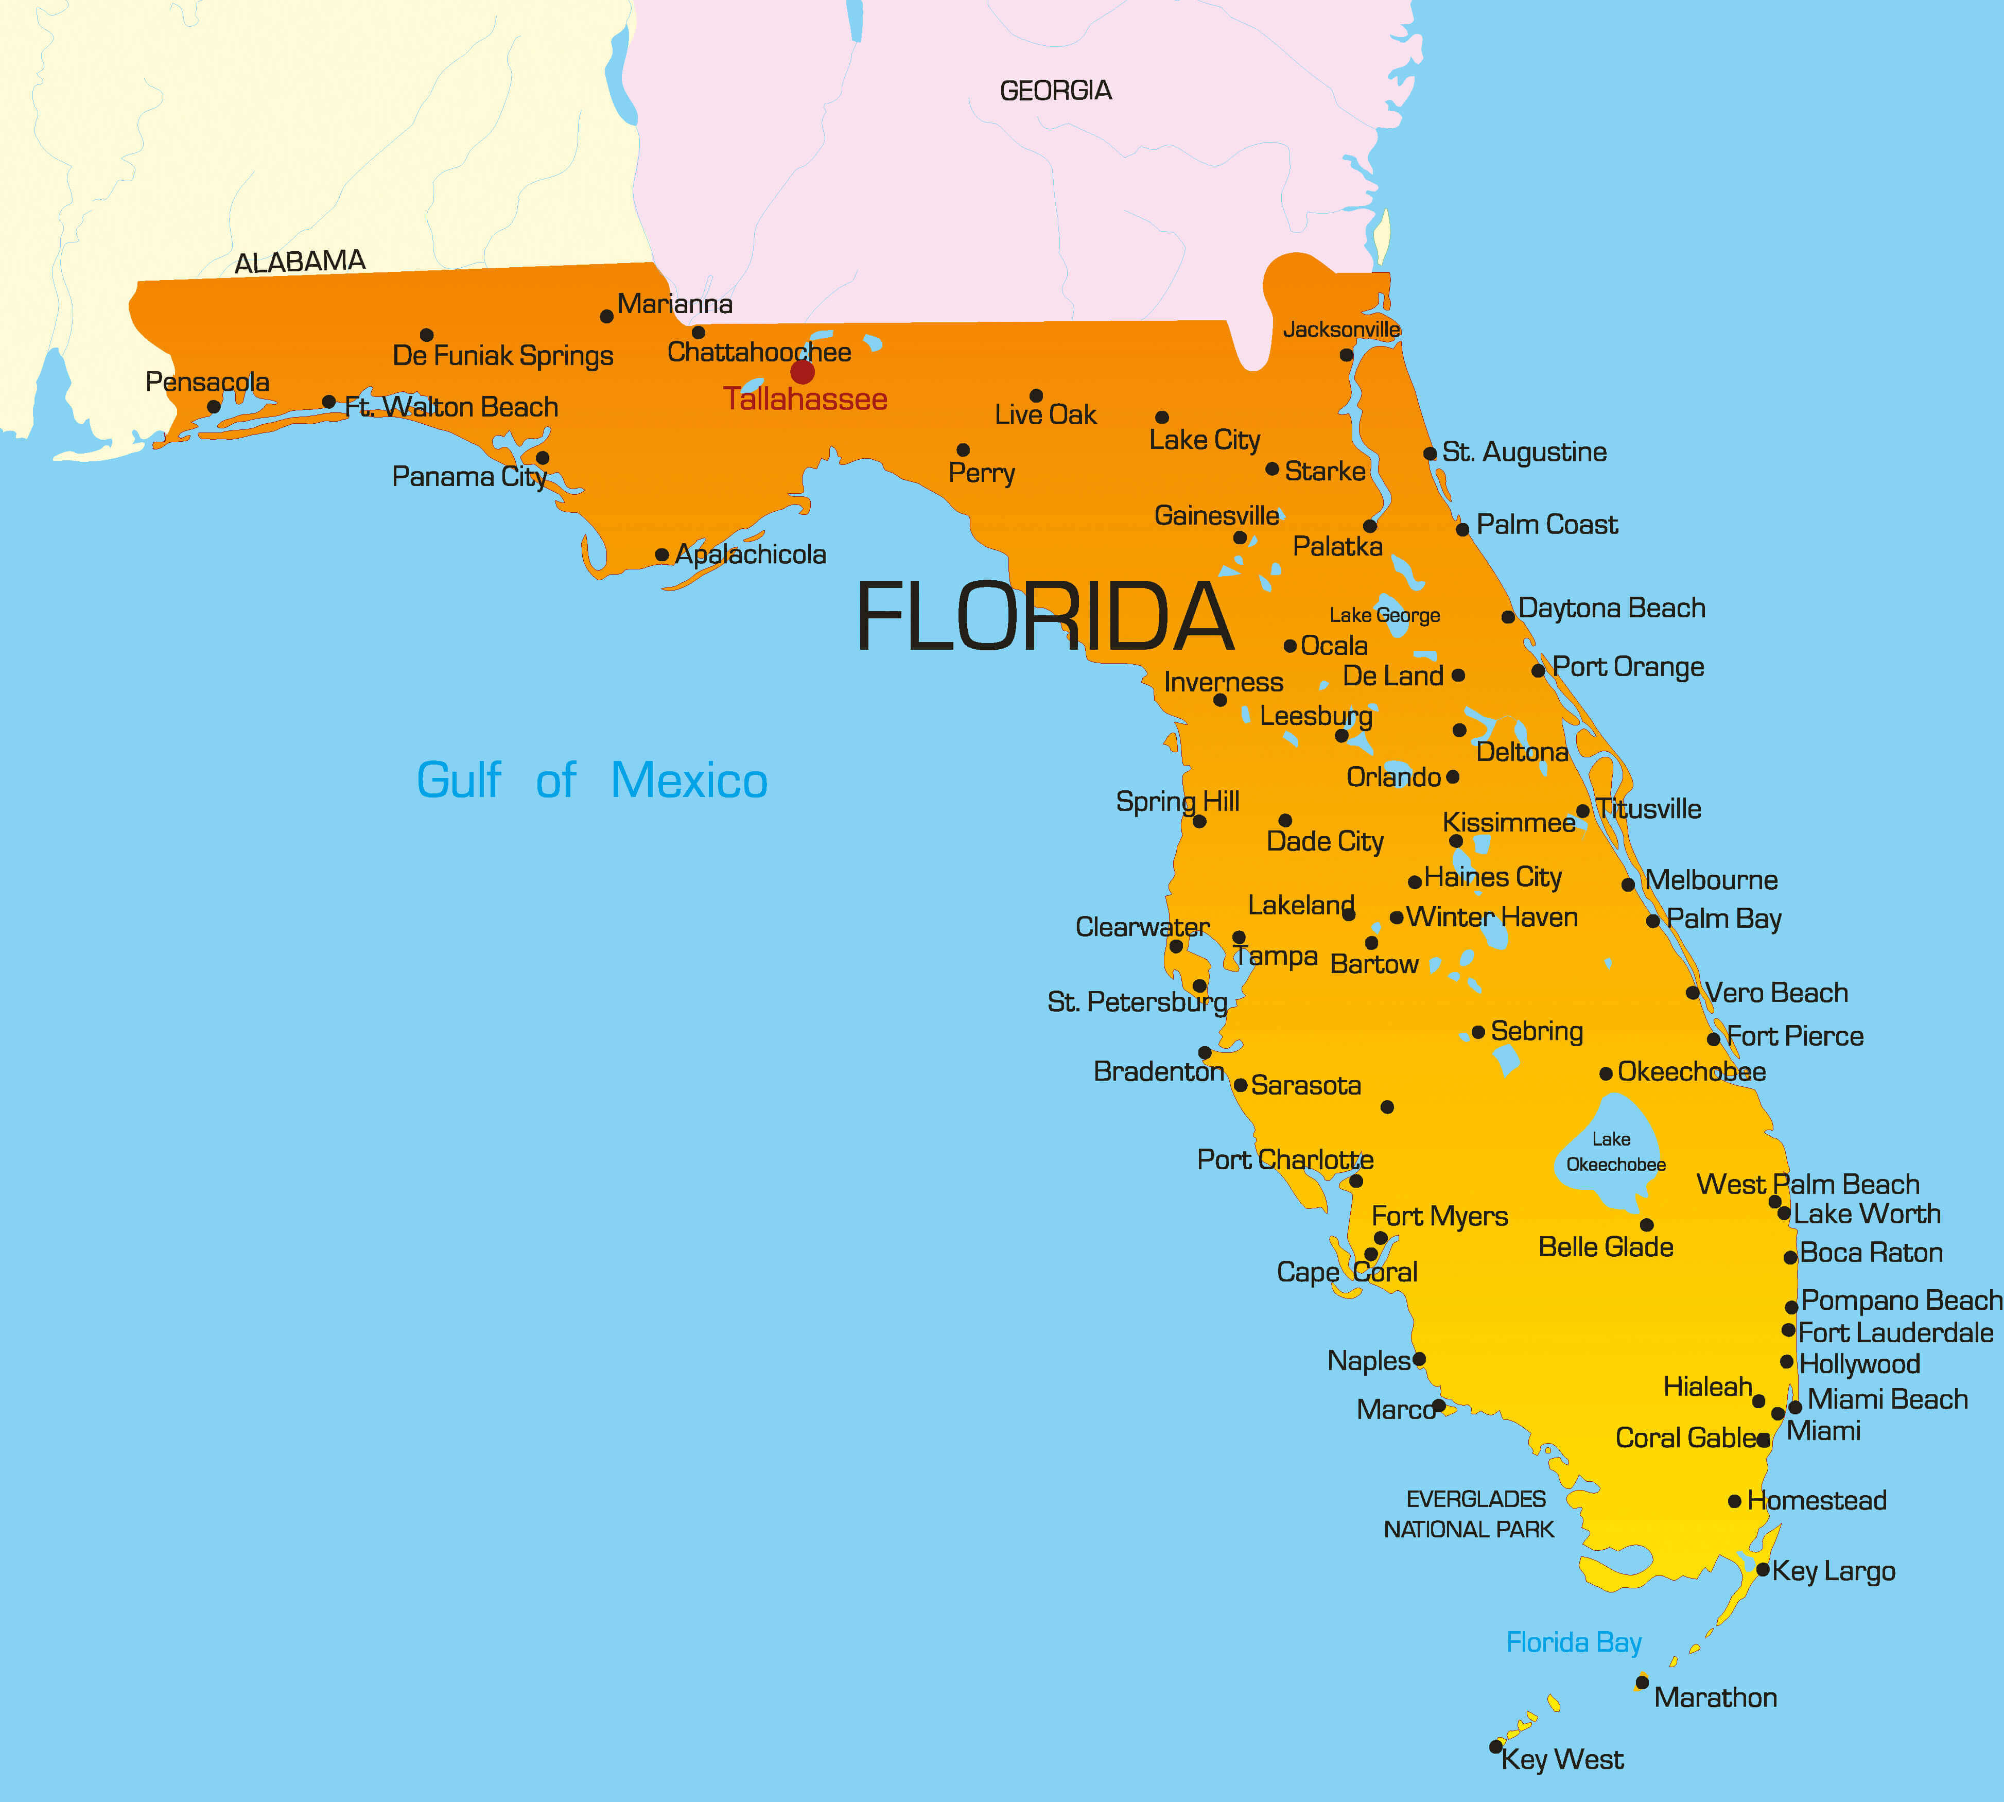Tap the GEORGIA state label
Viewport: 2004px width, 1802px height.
tap(1055, 91)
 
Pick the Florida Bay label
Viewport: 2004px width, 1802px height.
tap(1573, 1642)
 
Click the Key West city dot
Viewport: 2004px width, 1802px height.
tap(1496, 1746)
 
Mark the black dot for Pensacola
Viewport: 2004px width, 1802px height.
tap(214, 406)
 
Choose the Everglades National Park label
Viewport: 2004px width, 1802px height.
tap(1470, 1514)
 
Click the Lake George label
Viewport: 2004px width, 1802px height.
tap(1384, 616)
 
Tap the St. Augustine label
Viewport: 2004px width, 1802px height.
tap(1524, 453)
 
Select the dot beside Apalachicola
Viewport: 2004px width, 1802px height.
tap(661, 555)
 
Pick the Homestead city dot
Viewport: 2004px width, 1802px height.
tap(1735, 1501)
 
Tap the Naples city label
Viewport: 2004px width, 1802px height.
tap(1368, 1360)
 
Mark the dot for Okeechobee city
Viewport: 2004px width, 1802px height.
tap(1606, 1073)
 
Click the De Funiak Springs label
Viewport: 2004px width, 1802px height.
tap(503, 355)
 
